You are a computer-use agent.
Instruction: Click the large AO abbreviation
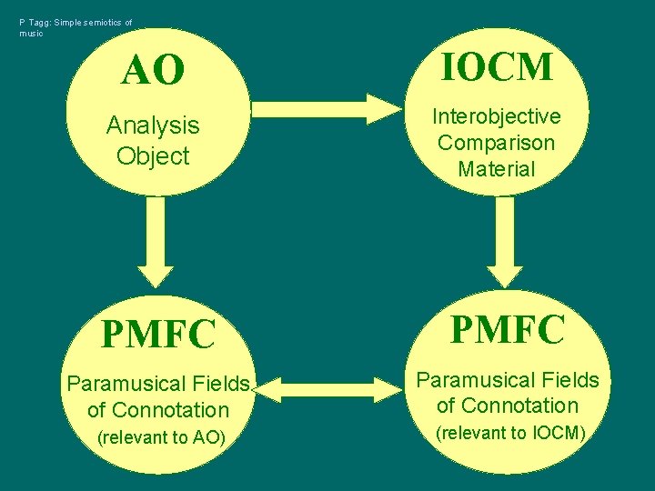tap(153, 70)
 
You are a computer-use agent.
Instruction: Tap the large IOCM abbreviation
tap(497, 66)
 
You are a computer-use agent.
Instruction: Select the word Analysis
tap(153, 125)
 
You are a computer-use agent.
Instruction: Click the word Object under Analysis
tap(153, 155)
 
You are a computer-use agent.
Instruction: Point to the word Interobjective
tap(497, 116)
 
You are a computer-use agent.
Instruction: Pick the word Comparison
tap(497, 143)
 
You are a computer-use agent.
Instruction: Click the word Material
tap(497, 168)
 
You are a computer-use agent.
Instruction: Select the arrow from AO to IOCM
tap(324, 108)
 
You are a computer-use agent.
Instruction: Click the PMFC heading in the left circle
tap(158, 334)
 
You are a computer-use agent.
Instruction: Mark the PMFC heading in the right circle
tap(508, 329)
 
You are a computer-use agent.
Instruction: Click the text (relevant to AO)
tap(161, 437)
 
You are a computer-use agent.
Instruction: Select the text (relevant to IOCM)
tap(509, 433)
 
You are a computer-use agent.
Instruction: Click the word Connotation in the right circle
tap(521, 406)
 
